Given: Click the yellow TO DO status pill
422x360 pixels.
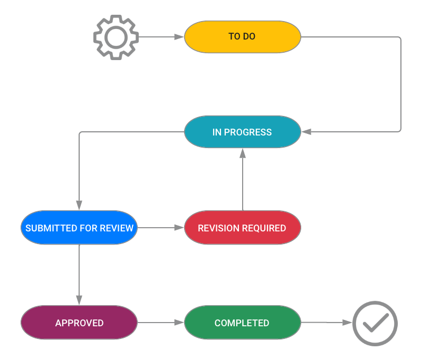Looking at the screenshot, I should [x=242, y=37].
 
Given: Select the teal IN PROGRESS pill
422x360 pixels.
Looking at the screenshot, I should [x=242, y=132].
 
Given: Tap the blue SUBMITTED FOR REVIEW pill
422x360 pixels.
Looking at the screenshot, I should [x=79, y=228].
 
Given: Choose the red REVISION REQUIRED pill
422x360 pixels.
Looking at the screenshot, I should [x=242, y=228].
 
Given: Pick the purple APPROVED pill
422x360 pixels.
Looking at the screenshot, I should [x=79, y=323].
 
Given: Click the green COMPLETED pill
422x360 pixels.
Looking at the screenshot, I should [x=242, y=323].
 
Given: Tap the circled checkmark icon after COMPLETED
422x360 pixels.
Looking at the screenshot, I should [x=375, y=323].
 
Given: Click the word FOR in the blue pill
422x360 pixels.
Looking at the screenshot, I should [x=89, y=228].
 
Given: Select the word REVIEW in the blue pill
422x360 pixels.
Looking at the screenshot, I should [x=118, y=228].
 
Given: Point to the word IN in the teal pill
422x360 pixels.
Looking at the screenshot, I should [x=217, y=132].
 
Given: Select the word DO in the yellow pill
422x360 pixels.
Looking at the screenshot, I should [x=249, y=37].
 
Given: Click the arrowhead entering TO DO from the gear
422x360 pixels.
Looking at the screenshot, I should [x=181, y=37].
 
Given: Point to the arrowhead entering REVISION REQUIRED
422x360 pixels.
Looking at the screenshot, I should [x=181, y=228].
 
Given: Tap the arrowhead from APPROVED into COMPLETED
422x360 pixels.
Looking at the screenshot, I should [x=181, y=323].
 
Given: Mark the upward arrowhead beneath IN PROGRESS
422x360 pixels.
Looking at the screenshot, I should [x=242, y=153].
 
